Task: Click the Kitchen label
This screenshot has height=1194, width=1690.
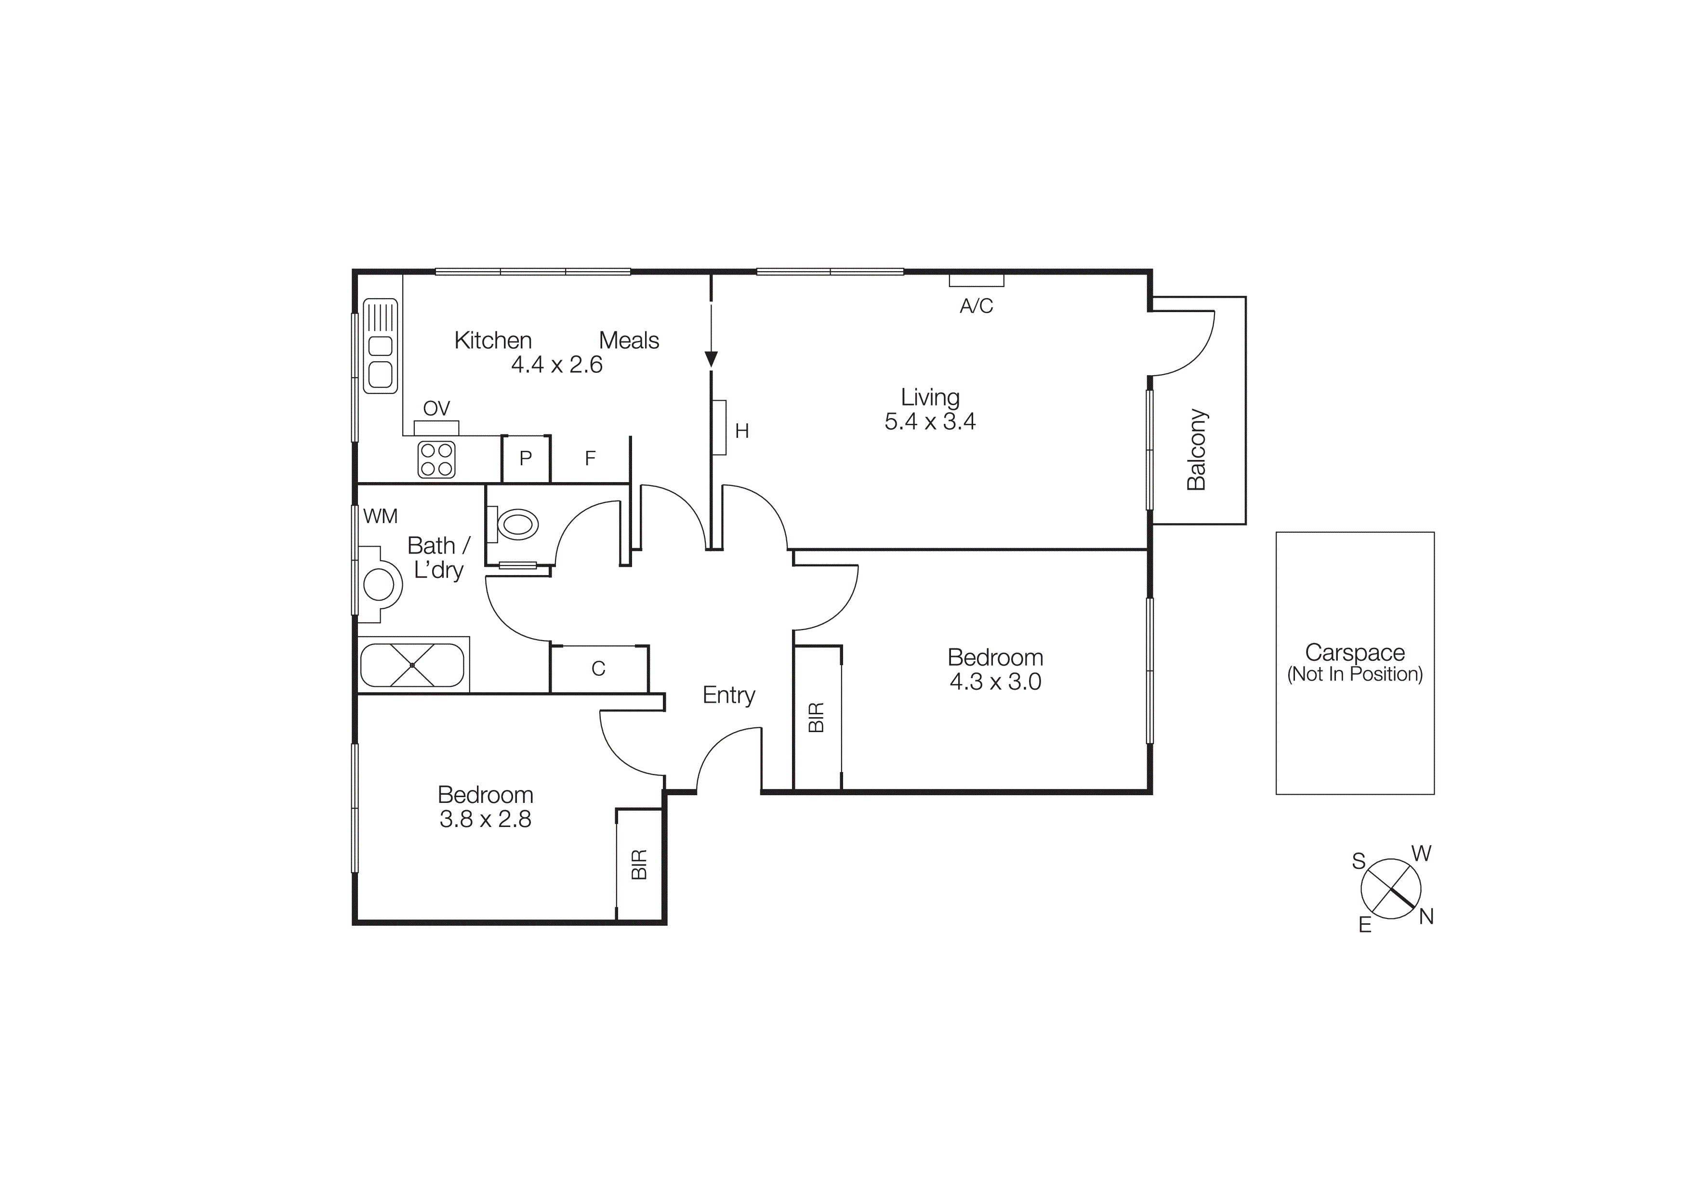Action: [x=492, y=341]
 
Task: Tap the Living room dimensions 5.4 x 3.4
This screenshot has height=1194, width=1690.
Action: [x=930, y=421]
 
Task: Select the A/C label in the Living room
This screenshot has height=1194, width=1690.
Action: [x=976, y=306]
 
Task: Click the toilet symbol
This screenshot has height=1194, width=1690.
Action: [x=517, y=525]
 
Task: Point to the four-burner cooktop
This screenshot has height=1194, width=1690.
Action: [x=436, y=460]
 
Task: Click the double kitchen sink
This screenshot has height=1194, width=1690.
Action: [x=381, y=346]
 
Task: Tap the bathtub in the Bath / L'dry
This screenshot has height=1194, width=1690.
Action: [x=412, y=665]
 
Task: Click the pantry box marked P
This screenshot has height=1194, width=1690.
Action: [x=526, y=459]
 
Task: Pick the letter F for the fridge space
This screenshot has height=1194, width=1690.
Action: [x=590, y=459]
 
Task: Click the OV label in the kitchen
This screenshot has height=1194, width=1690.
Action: [x=436, y=408]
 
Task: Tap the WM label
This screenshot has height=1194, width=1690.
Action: [x=380, y=516]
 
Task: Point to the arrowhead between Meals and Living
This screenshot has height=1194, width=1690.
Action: [x=711, y=359]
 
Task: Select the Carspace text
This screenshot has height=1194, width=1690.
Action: [x=1354, y=653]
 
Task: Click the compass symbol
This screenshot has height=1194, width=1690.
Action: [x=1390, y=889]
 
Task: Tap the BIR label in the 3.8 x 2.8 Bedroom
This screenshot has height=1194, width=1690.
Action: [x=639, y=865]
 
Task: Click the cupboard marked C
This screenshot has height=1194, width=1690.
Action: [x=598, y=669]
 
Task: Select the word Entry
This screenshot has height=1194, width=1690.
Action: [x=729, y=695]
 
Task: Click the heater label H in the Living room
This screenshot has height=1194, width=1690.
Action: [x=742, y=431]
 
